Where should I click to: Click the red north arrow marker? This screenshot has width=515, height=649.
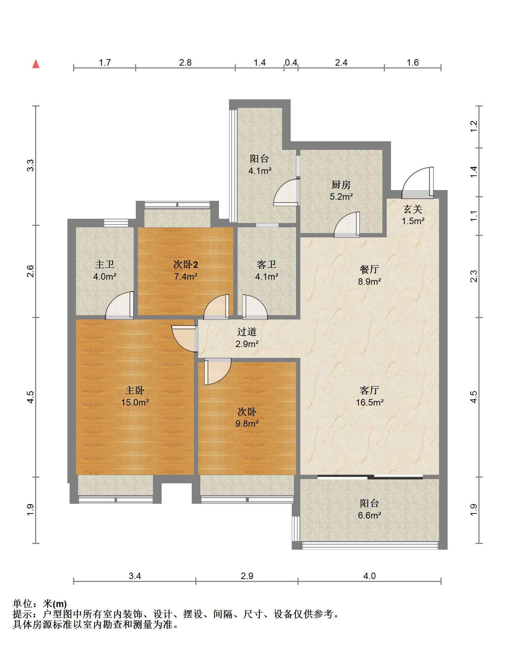[x=36, y=64]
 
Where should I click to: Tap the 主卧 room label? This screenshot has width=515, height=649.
[x=135, y=390]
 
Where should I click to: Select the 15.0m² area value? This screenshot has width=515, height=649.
[x=135, y=402]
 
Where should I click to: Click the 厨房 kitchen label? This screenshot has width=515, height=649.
[x=341, y=185]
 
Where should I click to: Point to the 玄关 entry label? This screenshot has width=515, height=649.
[x=413, y=209]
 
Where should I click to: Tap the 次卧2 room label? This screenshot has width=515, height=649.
[x=186, y=265]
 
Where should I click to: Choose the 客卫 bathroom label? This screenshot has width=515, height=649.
[x=267, y=265]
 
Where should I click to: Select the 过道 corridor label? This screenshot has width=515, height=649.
[x=247, y=332]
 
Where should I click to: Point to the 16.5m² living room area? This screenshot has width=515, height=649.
[x=369, y=402]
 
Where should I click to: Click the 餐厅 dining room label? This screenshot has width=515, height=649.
[x=369, y=269]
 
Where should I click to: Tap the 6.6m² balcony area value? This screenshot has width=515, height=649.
[x=369, y=515]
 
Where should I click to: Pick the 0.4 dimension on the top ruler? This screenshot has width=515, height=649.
[x=291, y=62]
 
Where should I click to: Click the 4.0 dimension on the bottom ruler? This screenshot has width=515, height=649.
[x=369, y=576]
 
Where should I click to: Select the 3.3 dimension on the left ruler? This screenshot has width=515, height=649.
[x=31, y=165]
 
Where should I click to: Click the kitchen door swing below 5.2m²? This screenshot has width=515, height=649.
[x=347, y=225]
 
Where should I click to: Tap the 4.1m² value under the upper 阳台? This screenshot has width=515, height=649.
[x=260, y=171]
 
